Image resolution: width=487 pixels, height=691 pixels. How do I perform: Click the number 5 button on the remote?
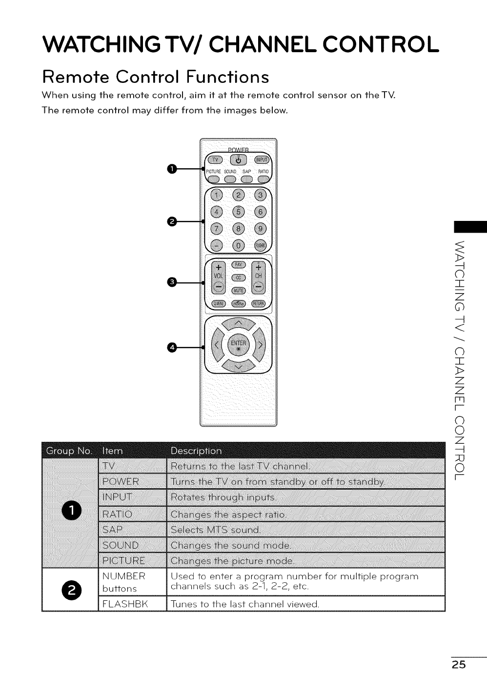pyautogui.click(x=239, y=212)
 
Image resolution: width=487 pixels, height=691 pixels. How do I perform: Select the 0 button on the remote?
pyautogui.click(x=239, y=246)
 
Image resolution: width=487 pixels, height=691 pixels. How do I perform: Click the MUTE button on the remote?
pyautogui.click(x=238, y=291)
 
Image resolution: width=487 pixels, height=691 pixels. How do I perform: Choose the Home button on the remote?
pyautogui.click(x=238, y=303)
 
